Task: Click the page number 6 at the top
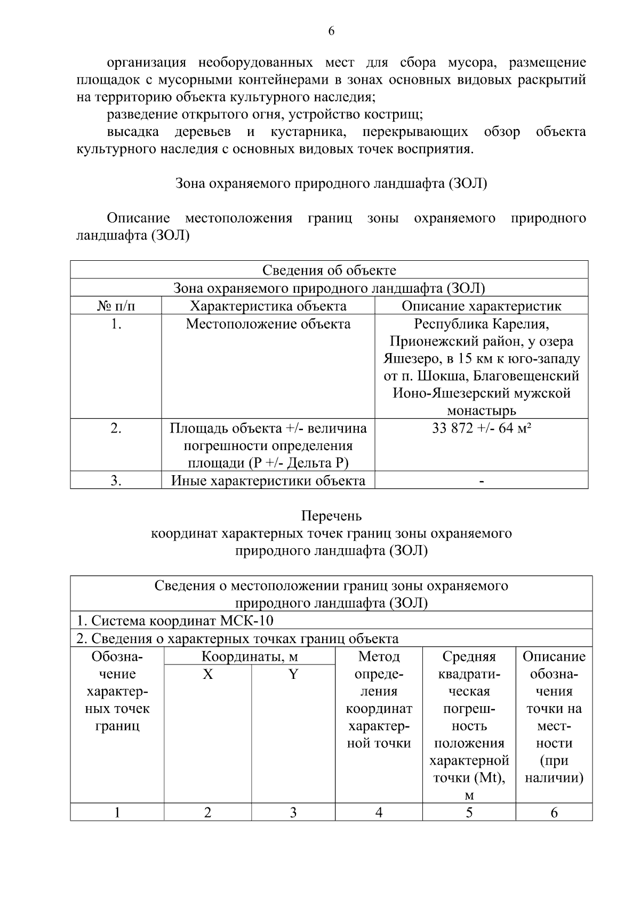[x=331, y=31]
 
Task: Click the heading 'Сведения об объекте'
[x=329, y=270]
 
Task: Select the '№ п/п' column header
[x=116, y=306]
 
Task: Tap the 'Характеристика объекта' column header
[x=268, y=306]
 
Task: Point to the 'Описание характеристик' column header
[x=481, y=306]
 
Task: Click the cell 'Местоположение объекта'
[x=268, y=324]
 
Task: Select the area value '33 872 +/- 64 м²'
[x=481, y=429]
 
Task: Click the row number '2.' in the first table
[x=116, y=429]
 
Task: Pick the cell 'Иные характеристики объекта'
[x=268, y=481]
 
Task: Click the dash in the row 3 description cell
[x=482, y=482]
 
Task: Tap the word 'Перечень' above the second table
[x=331, y=516]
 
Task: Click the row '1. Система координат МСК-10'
[x=175, y=621]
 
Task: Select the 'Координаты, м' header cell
[x=250, y=656]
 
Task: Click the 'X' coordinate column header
[x=207, y=675]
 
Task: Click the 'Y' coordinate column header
[x=293, y=675]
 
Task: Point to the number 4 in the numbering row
[x=379, y=813]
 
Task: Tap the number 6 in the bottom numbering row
[x=554, y=813]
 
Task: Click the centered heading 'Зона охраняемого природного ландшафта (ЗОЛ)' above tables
[x=331, y=184]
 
